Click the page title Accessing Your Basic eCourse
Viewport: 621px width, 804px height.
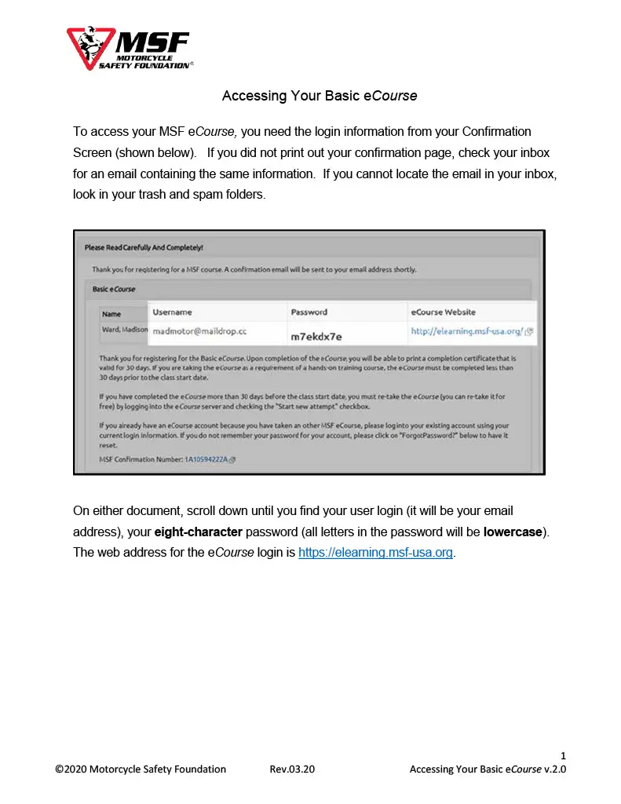[x=319, y=97]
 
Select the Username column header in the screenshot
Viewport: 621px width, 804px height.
[x=172, y=312]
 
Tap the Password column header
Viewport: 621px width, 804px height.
[x=309, y=312]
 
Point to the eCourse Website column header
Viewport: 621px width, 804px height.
[x=444, y=312]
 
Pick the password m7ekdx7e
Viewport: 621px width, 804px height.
[x=316, y=336]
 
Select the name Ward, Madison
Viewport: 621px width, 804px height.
[x=124, y=330]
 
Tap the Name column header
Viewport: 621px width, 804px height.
[x=111, y=313]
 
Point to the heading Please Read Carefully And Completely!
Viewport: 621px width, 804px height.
[x=144, y=247]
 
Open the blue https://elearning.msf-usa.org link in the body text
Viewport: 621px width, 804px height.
[x=375, y=552]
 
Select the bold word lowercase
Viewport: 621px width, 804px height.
[x=513, y=532]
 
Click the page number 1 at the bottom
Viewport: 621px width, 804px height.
[x=563, y=755]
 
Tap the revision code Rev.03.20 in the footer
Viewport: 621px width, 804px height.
[x=292, y=769]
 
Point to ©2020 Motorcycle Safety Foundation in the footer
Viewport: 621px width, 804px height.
[x=141, y=769]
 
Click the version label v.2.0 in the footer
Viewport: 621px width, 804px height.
[x=555, y=769]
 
